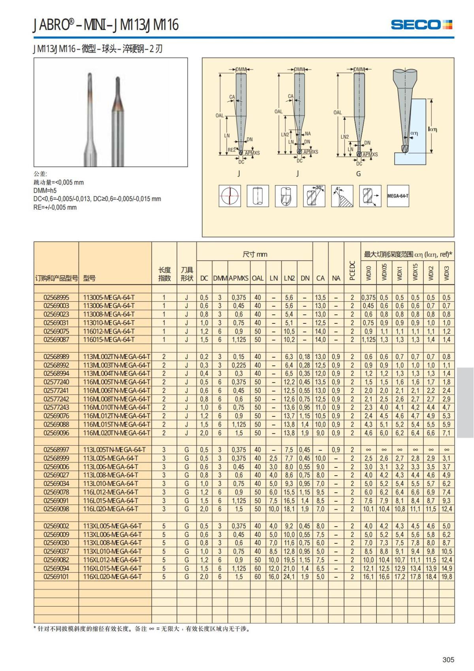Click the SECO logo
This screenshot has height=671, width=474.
pos(421,25)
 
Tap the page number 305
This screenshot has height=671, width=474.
pos(448,660)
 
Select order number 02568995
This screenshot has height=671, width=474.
pos(56,297)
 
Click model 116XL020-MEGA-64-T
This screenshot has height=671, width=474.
pos(113,576)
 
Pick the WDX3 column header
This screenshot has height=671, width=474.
pos(446,273)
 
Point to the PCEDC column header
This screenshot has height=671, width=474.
pos(352,271)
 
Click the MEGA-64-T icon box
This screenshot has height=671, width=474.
pos(398,196)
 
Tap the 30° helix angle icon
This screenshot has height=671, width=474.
pos(314,196)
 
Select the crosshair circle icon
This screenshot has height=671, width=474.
pos(229,196)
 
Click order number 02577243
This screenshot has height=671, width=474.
pos(56,407)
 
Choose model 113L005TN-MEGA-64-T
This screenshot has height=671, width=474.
pos(115,450)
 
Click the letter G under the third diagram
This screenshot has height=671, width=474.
pos(358,174)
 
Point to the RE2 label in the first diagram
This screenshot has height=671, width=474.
pos(231,150)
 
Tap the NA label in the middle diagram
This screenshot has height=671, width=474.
pos(308,134)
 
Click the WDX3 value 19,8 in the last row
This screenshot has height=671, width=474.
pos(446,576)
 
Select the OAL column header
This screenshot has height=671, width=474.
pos(258,278)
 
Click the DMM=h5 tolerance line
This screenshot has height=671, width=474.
pos(45,191)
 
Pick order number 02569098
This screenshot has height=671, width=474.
pos(56,509)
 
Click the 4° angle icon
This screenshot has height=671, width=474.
pos(342,196)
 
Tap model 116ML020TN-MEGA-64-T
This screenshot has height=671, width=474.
pos(117,433)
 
